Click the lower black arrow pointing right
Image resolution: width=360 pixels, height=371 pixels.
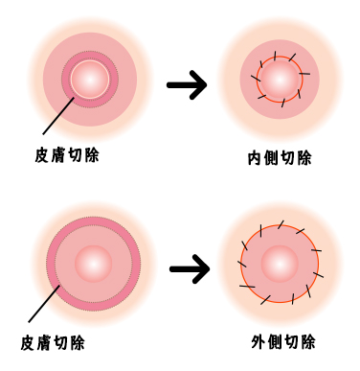coord(189,269)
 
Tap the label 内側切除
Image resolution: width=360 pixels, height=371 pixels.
coord(279,158)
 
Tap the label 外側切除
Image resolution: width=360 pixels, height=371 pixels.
coord(283,342)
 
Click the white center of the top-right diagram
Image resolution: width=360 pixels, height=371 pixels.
coord(280,80)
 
